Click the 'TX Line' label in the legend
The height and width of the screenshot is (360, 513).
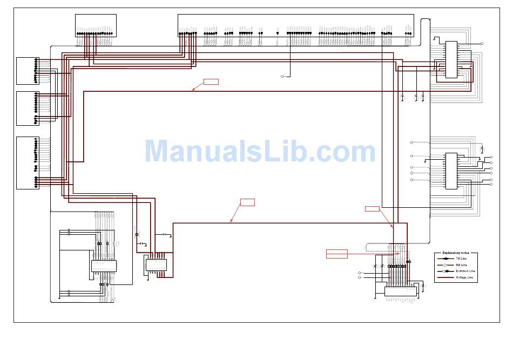462,259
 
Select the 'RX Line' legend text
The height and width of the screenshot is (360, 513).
462,265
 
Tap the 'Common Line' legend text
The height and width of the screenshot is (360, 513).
464,271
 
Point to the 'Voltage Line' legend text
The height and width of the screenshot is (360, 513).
464,277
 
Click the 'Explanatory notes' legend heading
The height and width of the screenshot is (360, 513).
456,253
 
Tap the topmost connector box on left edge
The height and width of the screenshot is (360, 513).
27,70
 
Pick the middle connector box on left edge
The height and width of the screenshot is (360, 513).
27,108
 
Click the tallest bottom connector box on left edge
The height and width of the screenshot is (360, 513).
27,162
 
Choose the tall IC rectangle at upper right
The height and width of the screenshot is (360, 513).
451,59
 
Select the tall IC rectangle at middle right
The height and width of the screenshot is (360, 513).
451,171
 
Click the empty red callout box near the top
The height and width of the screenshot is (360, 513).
211,81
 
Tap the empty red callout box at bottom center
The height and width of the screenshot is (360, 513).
247,202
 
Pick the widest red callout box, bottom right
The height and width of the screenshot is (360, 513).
337,254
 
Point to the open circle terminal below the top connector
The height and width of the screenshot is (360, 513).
282,77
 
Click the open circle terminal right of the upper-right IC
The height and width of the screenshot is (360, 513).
482,43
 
